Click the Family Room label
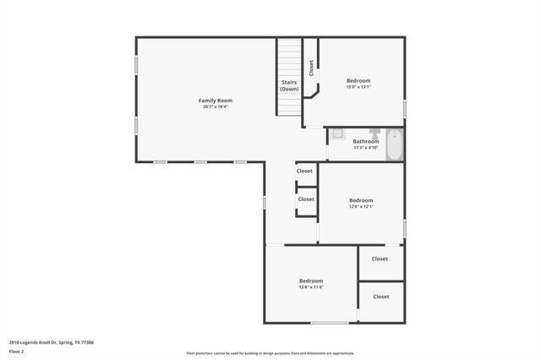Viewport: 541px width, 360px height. tap(216, 101)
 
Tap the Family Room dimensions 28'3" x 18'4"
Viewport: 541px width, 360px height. tap(216, 107)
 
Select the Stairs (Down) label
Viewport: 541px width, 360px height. tap(289, 85)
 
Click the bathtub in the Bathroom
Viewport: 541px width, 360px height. tap(396, 145)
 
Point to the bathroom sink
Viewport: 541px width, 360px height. tap(336, 134)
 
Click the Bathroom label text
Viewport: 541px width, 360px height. tap(365, 141)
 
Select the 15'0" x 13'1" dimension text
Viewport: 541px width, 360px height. tap(358, 87)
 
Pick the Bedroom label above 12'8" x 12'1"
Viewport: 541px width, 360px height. tap(361, 200)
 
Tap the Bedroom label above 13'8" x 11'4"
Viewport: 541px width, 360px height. tap(310, 281)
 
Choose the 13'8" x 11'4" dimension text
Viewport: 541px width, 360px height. tap(310, 287)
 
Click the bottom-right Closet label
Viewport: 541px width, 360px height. tap(381, 297)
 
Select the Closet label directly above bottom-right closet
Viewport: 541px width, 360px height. tap(380, 259)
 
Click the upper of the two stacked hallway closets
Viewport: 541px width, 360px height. tap(304, 172)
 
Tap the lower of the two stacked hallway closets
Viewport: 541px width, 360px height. tap(305, 199)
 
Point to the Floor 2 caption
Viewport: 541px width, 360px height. tap(17, 351)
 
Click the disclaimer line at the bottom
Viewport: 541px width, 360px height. tap(270, 353)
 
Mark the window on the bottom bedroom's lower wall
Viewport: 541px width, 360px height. tap(330, 323)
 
